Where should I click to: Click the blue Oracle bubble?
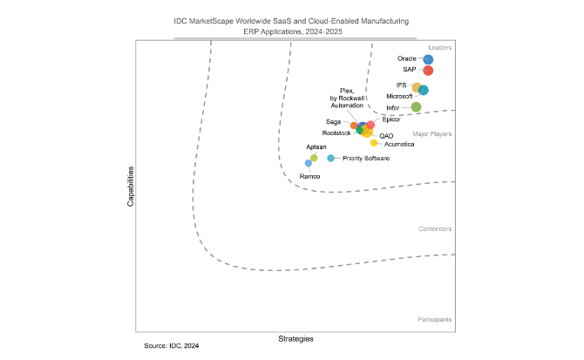point(428,59)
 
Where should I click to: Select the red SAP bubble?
point(428,71)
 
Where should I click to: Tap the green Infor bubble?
point(416,107)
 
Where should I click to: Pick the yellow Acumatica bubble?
point(374,142)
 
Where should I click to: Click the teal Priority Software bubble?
point(330,158)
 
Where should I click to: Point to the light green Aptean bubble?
point(314,158)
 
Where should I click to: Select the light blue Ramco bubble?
point(308,163)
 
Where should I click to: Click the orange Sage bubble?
point(354,126)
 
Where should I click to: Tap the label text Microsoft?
point(399,96)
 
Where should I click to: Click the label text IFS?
point(401,85)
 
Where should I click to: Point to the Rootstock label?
point(336,132)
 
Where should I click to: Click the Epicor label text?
point(391,119)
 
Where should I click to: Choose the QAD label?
point(385,135)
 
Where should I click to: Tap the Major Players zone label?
point(431,133)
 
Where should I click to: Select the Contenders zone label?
point(434,228)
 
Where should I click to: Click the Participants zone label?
point(434,319)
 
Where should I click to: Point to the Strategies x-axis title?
point(295,338)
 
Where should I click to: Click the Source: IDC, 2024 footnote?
point(172,347)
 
